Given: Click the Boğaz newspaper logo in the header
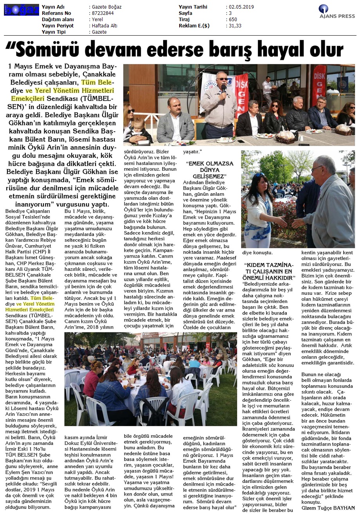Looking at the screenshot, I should tap(21, 10).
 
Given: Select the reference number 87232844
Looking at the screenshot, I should tap(103, 13).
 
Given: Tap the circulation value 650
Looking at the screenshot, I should tap(233, 20).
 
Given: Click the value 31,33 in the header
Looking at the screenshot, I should tap(235, 26).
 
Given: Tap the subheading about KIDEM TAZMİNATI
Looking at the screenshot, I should tap(268, 271).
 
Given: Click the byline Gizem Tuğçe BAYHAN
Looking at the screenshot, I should tap(328, 508).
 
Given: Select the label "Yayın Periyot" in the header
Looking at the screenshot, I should tap(58, 26).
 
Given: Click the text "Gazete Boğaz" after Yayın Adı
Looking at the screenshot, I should tap(106, 7).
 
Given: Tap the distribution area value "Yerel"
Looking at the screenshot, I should tap(97, 20).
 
